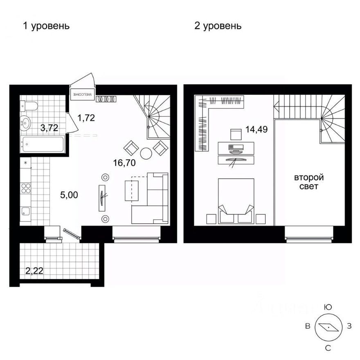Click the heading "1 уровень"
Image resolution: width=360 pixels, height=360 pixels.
(46, 26)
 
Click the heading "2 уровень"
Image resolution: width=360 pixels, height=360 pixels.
(218, 26)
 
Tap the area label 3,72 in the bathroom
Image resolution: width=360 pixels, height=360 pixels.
(49, 128)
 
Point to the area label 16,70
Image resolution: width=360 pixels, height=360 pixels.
(124, 163)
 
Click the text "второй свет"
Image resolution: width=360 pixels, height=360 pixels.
(309, 182)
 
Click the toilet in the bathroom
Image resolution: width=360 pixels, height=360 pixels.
(28, 106)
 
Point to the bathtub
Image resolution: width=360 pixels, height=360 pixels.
(43, 144)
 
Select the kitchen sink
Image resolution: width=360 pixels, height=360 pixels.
(25, 212)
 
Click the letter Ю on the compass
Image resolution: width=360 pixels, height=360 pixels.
(327, 307)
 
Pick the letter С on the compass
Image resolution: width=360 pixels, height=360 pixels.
(328, 348)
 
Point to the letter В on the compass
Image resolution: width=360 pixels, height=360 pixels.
(306, 326)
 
